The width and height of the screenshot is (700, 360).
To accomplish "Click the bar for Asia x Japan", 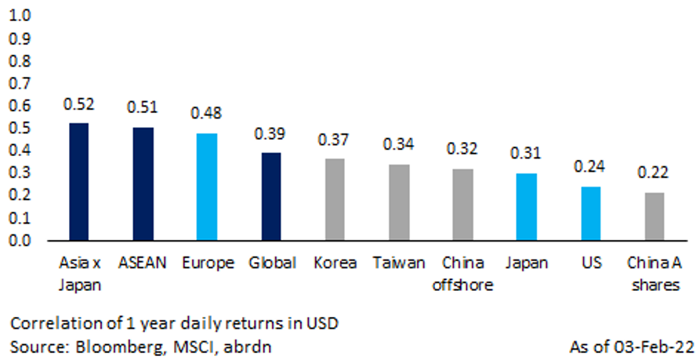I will tap(79, 182).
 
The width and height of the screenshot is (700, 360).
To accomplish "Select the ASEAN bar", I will tap(143, 184).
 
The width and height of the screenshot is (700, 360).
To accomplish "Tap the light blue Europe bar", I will tap(206, 187).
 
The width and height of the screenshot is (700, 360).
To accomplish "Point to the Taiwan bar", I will tap(398, 203).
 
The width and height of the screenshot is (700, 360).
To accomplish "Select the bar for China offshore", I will tap(462, 205).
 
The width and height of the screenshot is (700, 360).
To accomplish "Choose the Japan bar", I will tap(526, 207).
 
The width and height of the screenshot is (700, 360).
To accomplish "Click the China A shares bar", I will tap(654, 217).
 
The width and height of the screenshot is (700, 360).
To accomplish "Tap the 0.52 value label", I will tap(79, 104).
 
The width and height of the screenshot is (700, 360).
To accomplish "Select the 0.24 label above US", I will tap(589, 168).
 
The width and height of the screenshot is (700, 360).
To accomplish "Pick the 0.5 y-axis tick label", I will tap(22, 128).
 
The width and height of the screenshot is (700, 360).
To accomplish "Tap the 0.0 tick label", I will tap(22, 241).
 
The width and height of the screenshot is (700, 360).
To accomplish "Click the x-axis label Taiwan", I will tap(398, 263).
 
